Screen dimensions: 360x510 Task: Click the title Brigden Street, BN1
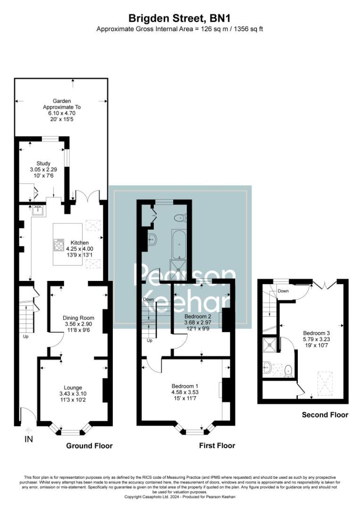pyautogui.click(x=180, y=17)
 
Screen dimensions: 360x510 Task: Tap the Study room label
pyautogui.click(x=43, y=163)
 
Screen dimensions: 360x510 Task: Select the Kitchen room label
pyautogui.click(x=80, y=243)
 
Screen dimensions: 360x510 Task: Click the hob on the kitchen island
pyautogui.click(x=59, y=245)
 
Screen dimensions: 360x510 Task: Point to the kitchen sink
pyautogui.click(x=39, y=211)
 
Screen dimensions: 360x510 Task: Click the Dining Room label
pyautogui.click(x=79, y=318)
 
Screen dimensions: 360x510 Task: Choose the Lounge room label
pyautogui.click(x=73, y=388)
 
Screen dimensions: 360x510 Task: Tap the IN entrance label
pyautogui.click(x=29, y=439)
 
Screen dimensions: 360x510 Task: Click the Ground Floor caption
pyautogui.click(x=89, y=446)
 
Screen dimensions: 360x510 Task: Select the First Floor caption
pyautogui.click(x=217, y=446)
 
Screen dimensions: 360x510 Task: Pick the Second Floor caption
pyautogui.click(x=325, y=415)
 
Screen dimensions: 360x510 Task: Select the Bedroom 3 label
pyautogui.click(x=317, y=333)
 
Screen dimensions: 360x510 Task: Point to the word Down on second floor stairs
pyautogui.click(x=283, y=291)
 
